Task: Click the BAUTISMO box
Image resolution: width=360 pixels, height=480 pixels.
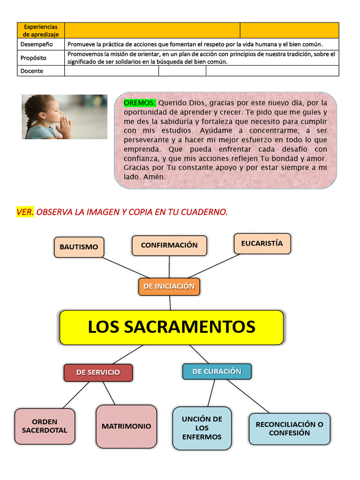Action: (79, 247)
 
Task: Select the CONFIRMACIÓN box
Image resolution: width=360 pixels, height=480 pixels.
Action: (169, 245)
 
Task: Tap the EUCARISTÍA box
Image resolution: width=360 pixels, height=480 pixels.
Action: (262, 244)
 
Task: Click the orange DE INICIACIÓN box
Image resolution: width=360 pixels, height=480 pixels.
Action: (169, 286)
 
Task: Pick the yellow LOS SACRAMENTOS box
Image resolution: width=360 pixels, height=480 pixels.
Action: (172, 327)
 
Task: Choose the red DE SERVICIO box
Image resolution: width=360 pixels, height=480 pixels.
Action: (98, 372)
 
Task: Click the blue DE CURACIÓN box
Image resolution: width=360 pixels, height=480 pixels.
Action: (217, 371)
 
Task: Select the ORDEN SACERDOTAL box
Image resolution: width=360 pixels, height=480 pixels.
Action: (45, 426)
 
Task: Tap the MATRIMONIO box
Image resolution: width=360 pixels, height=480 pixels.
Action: (126, 426)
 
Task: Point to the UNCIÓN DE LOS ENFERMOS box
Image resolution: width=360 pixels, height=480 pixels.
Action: (202, 428)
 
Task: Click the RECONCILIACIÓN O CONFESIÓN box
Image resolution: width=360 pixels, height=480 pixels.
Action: (289, 428)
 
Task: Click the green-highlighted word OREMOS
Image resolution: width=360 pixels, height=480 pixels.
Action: (139, 103)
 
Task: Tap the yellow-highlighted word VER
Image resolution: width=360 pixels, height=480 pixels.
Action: (25, 212)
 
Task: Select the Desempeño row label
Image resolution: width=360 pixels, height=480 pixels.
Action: (37, 44)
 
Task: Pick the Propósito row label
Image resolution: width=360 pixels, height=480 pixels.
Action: (34, 58)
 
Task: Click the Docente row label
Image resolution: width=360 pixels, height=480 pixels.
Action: (32, 71)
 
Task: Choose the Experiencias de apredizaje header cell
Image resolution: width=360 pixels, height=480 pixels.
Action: (41, 30)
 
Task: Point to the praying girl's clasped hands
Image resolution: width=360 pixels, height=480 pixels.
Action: (64, 125)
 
